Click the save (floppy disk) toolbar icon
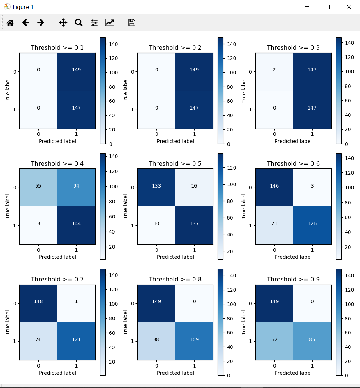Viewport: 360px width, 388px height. tap(131, 23)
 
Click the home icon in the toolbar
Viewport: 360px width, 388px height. tap(10, 23)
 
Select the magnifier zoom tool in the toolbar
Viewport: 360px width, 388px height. tap(78, 23)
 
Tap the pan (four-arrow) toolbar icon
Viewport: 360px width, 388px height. tap(63, 23)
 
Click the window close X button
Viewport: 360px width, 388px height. tap(349, 7)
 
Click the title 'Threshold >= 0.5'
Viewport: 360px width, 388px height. tap(175, 163)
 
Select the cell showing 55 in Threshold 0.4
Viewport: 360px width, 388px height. tap(38, 186)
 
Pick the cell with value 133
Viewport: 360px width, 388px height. tap(156, 186)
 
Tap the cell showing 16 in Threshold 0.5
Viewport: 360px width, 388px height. tap(194, 186)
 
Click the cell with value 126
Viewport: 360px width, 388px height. tap(312, 223)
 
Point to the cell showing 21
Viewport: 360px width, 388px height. tap(274, 223)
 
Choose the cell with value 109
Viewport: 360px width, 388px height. tap(194, 339)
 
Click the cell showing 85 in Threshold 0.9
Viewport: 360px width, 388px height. tap(312, 339)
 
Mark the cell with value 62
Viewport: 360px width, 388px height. tap(274, 339)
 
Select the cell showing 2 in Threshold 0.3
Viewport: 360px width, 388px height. tap(274, 70)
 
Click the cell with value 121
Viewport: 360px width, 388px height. tap(76, 339)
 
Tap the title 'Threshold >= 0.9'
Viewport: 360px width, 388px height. tap(293, 279)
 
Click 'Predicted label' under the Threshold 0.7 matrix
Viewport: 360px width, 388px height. tap(57, 373)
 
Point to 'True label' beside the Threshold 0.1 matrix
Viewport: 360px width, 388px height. tap(8, 91)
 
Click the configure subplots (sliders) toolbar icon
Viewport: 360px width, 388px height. tap(94, 23)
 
